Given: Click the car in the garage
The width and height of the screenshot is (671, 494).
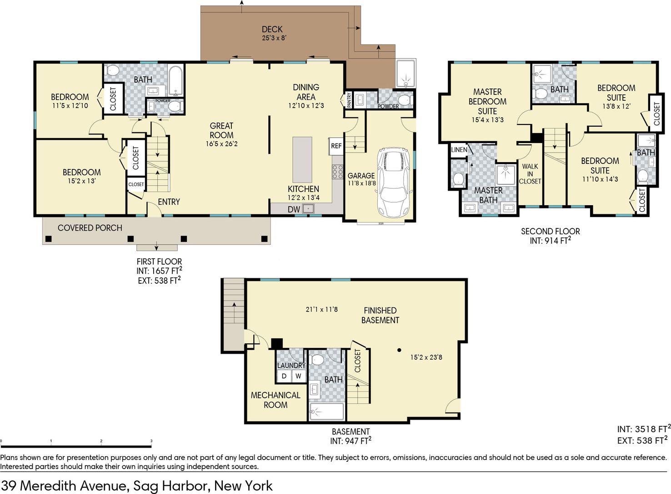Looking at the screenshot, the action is point(394,182).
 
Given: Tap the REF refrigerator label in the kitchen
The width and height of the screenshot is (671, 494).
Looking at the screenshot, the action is point(336,146).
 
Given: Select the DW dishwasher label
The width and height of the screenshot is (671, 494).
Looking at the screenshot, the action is point(294,209).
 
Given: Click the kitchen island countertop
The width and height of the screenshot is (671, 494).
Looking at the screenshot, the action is point(302,159).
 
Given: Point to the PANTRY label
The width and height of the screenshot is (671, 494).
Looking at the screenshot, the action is point(349,100).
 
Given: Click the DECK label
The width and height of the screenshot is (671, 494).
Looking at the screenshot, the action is point(272,29).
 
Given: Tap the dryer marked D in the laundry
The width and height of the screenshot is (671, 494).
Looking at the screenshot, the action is point(284,376).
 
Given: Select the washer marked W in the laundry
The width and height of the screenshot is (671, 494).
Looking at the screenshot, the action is point(298,376).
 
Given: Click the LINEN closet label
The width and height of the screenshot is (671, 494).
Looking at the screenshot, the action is point(459,149).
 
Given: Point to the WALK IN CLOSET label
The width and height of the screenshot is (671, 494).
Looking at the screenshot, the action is point(530,173).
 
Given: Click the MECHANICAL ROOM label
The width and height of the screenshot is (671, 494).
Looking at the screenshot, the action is point(275,400).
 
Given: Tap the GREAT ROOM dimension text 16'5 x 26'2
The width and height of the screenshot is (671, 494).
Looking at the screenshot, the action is point(222,144).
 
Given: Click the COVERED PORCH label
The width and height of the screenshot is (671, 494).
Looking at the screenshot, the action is point(90,228).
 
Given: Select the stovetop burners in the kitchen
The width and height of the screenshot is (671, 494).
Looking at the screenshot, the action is point(338,172).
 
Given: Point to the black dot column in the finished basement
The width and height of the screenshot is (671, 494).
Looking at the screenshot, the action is point(399,350).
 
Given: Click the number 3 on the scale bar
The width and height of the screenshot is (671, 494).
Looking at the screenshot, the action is point(151,441).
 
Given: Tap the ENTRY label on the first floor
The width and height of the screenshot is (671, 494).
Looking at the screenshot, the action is point(169,202).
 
